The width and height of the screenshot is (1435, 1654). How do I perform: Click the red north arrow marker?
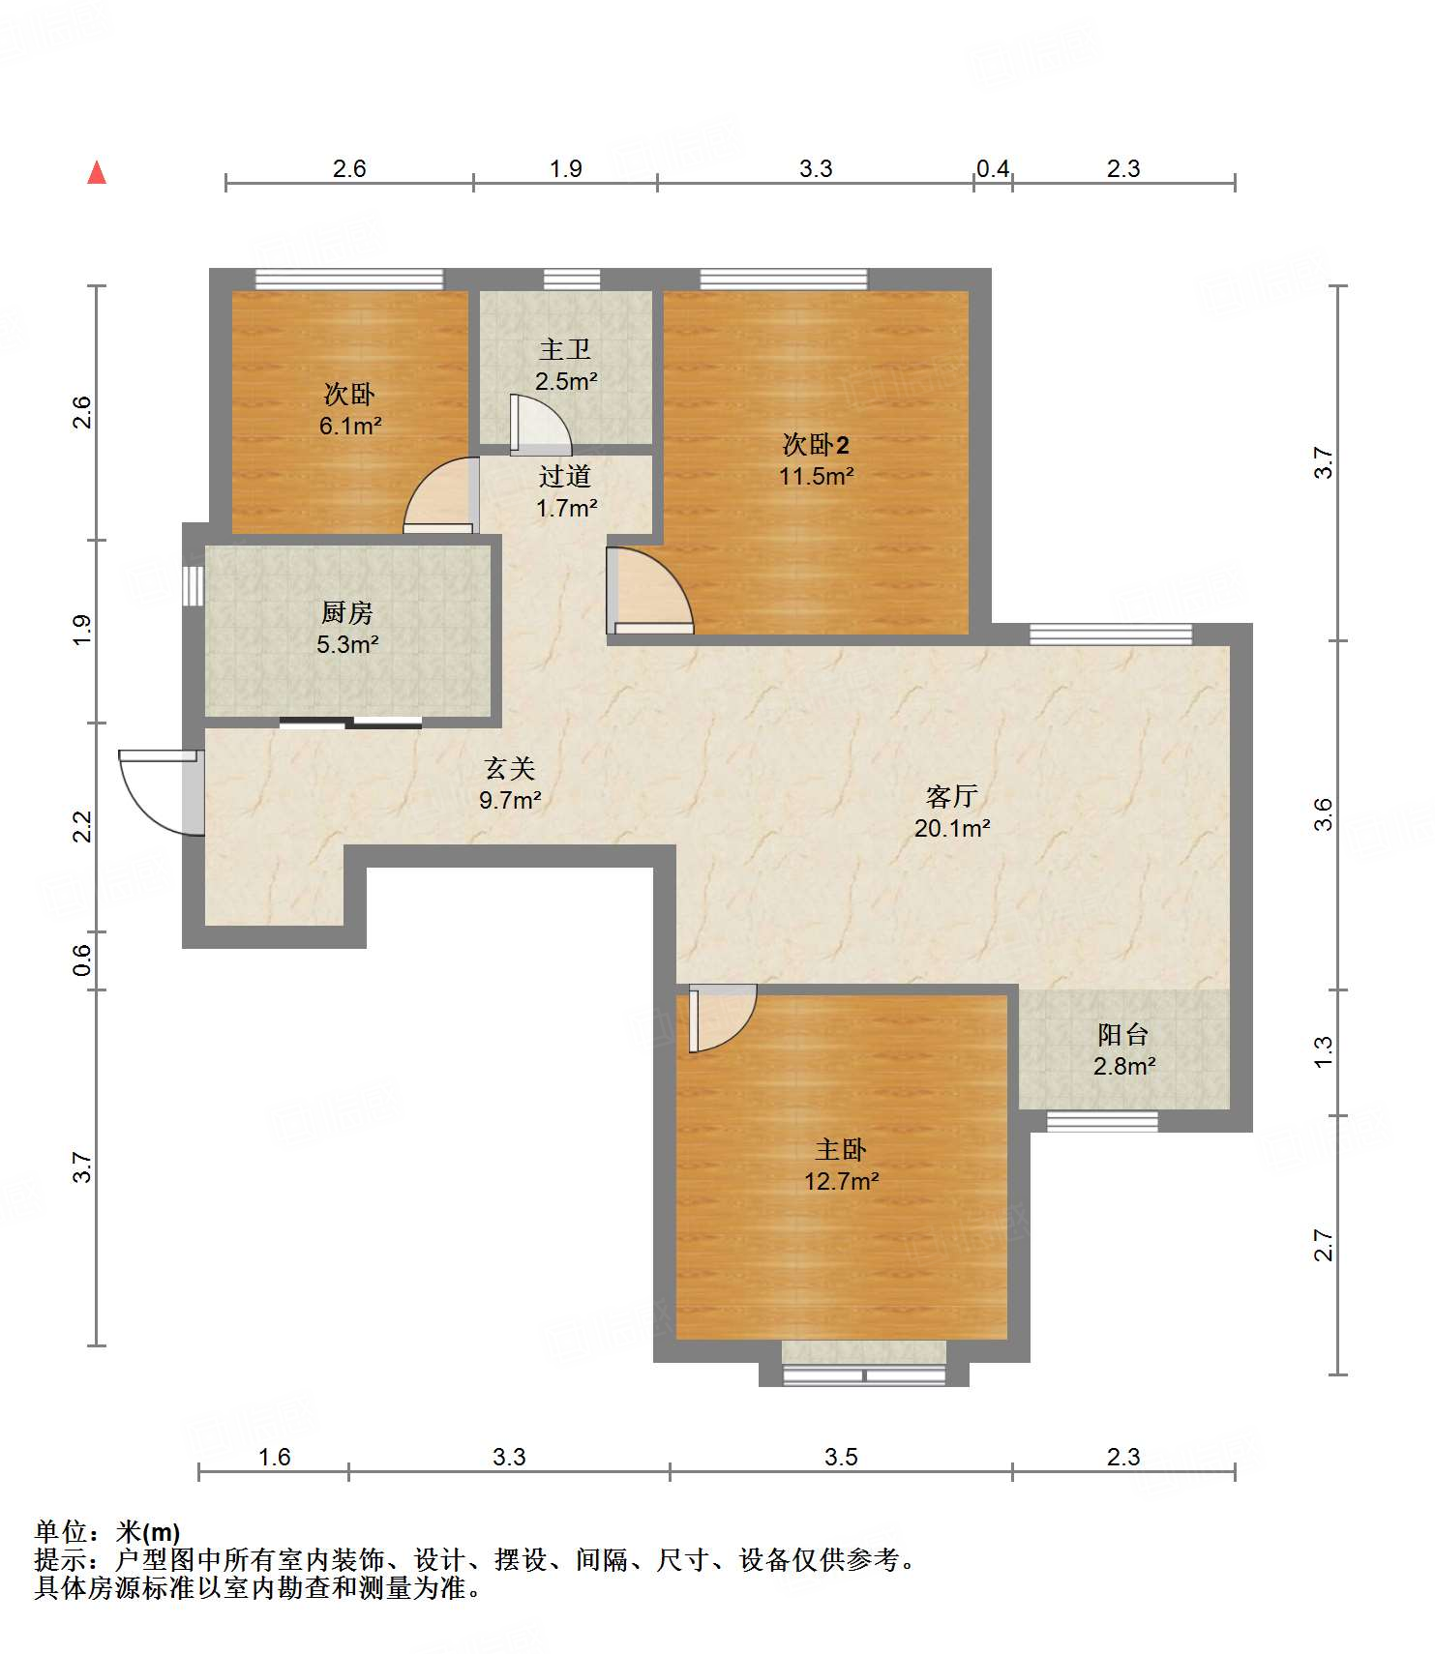coord(97,172)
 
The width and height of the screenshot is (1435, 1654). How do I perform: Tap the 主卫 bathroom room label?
coord(565,349)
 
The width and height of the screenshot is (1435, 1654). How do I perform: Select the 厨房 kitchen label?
coord(347,612)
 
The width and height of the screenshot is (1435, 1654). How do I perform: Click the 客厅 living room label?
coord(952,796)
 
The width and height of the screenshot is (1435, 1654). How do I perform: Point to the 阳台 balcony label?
coord(1123,1035)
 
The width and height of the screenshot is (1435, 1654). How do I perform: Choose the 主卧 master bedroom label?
coord(841,1149)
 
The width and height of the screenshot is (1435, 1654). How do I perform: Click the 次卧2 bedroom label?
coord(816,445)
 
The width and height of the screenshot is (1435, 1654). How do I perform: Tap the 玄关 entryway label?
coord(510,769)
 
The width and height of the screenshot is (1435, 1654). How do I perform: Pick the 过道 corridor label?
coord(565,476)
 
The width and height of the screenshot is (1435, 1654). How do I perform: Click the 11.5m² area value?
coord(816,476)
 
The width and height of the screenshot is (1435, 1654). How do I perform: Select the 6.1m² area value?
coord(349,426)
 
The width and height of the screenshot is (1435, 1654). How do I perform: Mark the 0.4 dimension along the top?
coord(993,169)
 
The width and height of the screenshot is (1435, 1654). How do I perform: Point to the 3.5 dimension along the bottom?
coord(841,1457)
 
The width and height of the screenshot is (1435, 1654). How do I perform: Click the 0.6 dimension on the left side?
coord(82,960)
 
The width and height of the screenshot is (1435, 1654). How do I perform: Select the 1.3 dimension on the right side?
coord(1323,1051)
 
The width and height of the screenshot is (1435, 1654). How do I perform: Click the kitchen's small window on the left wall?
coord(194,586)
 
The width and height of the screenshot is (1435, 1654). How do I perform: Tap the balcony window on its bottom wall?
coord(1102,1122)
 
